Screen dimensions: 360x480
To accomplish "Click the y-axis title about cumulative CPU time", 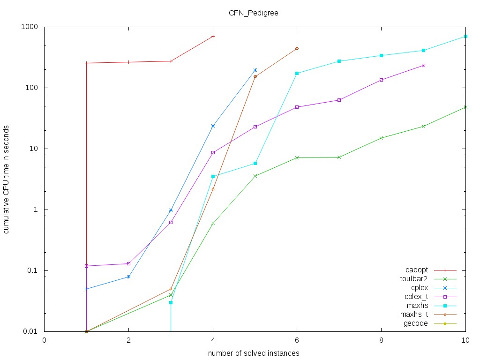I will [7, 180].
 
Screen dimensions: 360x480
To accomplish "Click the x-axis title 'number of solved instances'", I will [254, 352].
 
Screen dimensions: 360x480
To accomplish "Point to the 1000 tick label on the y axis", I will [29, 27].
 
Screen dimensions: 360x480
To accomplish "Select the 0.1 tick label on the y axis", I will [31, 270].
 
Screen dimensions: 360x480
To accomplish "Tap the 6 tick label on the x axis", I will [297, 341].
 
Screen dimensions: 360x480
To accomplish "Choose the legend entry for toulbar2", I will [413, 279].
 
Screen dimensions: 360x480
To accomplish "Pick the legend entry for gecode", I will [415, 323].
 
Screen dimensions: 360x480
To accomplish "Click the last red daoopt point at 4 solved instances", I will [213, 36].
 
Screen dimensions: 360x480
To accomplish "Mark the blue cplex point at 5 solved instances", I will [255, 70].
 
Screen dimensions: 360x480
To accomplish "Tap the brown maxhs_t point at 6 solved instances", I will [297, 48].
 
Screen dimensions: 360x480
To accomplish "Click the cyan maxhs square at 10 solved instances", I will [465, 36].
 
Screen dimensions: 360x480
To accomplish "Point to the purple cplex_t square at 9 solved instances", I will [423, 65].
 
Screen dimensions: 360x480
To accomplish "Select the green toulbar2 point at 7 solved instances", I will [339, 157].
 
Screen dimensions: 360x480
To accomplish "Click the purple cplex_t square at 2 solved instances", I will [128, 263].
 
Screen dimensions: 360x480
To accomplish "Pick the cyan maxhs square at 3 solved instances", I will [171, 302].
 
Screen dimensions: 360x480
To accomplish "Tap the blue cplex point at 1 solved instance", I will [87, 289].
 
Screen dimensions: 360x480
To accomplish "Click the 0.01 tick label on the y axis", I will [30, 331].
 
